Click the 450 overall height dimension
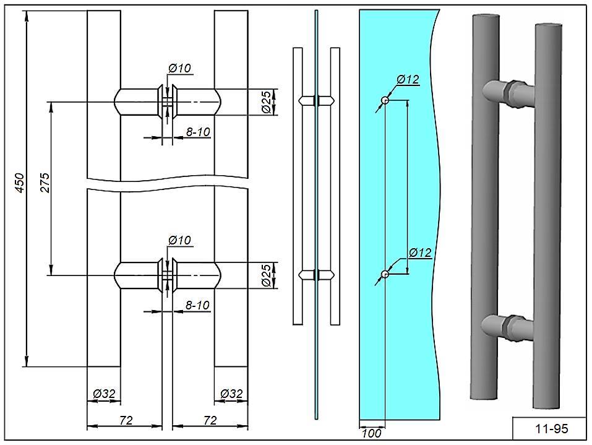pyautogui.click(x=19, y=184)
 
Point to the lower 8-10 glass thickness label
pyautogui.click(x=198, y=305)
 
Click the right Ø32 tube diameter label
pyautogui.click(x=231, y=393)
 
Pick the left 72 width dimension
pyautogui.click(x=126, y=420)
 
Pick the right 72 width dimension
pyautogui.click(x=210, y=420)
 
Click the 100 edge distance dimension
pyautogui.click(x=371, y=433)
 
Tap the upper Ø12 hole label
pyautogui.click(x=408, y=79)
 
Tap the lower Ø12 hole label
pyautogui.click(x=419, y=253)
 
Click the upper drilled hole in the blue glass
pyautogui.click(x=385, y=100)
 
